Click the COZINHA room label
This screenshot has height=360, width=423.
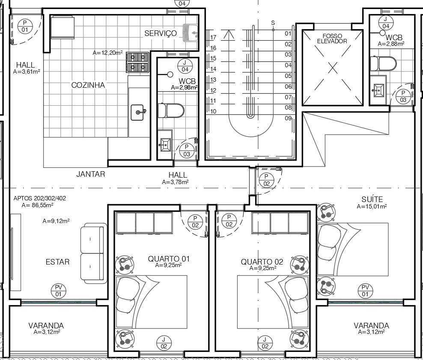(88, 85)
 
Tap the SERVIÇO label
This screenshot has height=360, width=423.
(161, 33)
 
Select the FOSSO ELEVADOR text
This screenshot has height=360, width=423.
(332, 39)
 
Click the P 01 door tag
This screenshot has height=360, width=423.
(25, 26)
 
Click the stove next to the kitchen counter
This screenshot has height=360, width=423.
(137, 62)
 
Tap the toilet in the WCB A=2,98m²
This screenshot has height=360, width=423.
(171, 110)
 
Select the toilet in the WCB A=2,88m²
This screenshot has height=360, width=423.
(383, 63)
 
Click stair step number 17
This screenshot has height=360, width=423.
(213, 37)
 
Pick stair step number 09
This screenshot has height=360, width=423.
(288, 118)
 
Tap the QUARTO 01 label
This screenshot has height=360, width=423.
(169, 259)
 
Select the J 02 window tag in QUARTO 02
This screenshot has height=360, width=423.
(265, 343)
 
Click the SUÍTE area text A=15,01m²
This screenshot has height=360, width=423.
(372, 207)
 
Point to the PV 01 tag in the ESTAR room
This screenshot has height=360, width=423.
(59, 291)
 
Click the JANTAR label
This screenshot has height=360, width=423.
(91, 174)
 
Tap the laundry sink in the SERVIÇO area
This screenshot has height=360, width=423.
(191, 33)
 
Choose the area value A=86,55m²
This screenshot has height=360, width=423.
(37, 205)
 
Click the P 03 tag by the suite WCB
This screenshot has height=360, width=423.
(403, 97)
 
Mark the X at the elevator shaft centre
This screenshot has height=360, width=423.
(333, 68)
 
